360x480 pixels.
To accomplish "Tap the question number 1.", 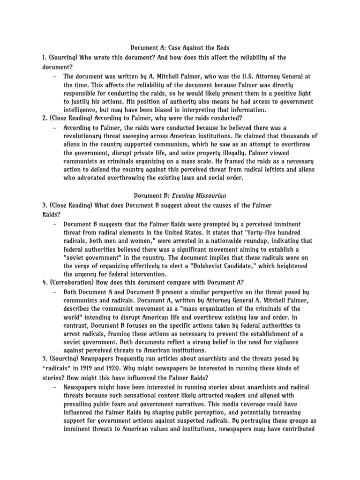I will pos(43,57).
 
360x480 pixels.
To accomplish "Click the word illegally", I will pos(245,153).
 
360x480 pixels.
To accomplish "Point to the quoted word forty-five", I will pos(259,232).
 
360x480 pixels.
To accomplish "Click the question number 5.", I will pos(43,359).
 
